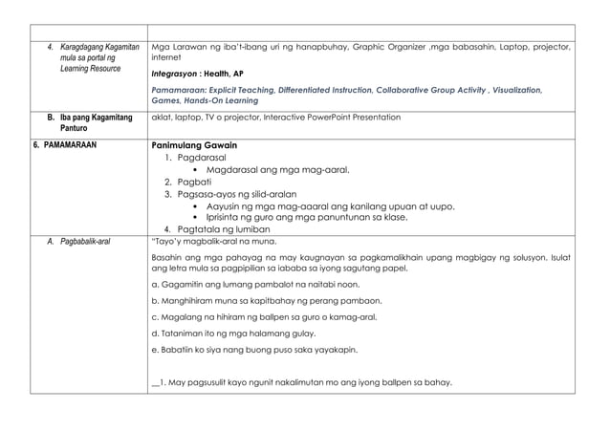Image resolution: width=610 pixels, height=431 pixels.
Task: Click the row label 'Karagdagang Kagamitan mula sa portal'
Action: (x=92, y=57)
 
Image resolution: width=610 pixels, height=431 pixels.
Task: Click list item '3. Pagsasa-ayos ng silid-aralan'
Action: (x=229, y=194)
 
